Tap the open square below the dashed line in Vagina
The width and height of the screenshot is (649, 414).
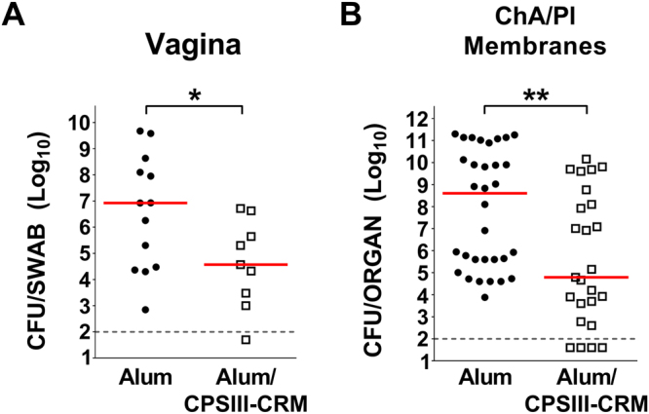pos(246,340)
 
